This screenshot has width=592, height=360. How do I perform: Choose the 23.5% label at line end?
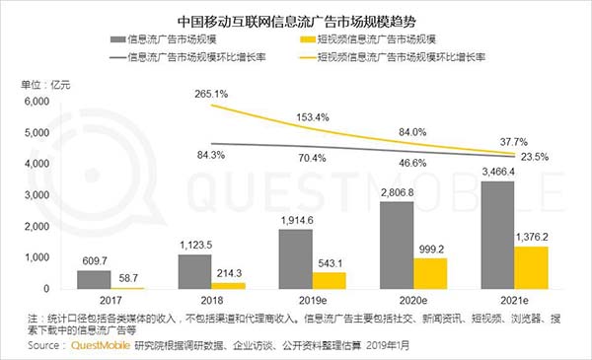tap(534, 158)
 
